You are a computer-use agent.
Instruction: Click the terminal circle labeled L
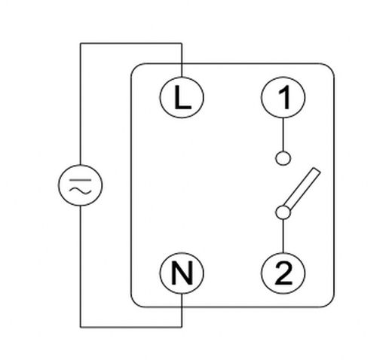(x=182, y=99)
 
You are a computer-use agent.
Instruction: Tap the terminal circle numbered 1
(x=283, y=99)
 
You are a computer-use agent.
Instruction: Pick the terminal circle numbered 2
(x=283, y=273)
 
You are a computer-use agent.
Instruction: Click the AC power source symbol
(x=80, y=186)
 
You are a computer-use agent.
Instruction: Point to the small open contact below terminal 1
(x=283, y=158)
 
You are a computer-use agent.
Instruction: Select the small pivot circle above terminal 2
(x=283, y=213)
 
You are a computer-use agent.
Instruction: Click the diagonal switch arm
(x=302, y=190)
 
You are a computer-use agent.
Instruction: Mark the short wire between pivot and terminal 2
(x=283, y=236)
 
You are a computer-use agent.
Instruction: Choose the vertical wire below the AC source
(x=80, y=264)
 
